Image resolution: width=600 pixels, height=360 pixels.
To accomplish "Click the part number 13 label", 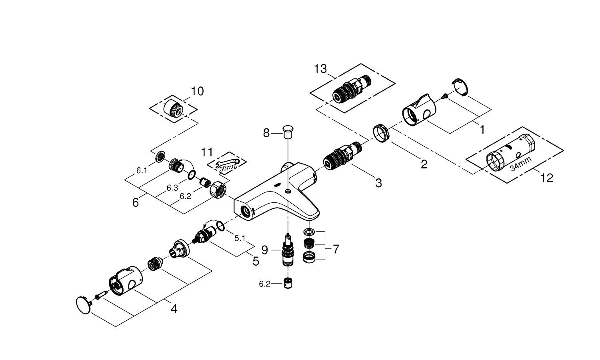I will [x=320, y=69].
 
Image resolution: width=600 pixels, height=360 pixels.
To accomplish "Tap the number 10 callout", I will [x=197, y=91].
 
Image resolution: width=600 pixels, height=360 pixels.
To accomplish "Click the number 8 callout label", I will [x=266, y=133].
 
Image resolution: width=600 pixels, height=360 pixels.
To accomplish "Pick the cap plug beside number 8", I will [x=288, y=130].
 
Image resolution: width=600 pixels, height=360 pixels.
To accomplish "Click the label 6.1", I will [x=142, y=170].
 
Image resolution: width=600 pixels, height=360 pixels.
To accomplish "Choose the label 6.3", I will [x=172, y=188].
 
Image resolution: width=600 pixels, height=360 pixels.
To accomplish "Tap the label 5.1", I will [x=240, y=238].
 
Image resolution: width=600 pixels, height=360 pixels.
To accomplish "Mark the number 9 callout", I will [x=264, y=250].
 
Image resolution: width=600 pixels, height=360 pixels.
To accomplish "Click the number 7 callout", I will [x=336, y=249].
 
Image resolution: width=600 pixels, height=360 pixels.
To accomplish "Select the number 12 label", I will [x=546, y=178].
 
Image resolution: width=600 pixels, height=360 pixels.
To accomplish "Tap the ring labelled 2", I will [x=381, y=132].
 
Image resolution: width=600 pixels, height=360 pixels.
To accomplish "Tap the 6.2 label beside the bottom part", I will [x=265, y=284].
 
